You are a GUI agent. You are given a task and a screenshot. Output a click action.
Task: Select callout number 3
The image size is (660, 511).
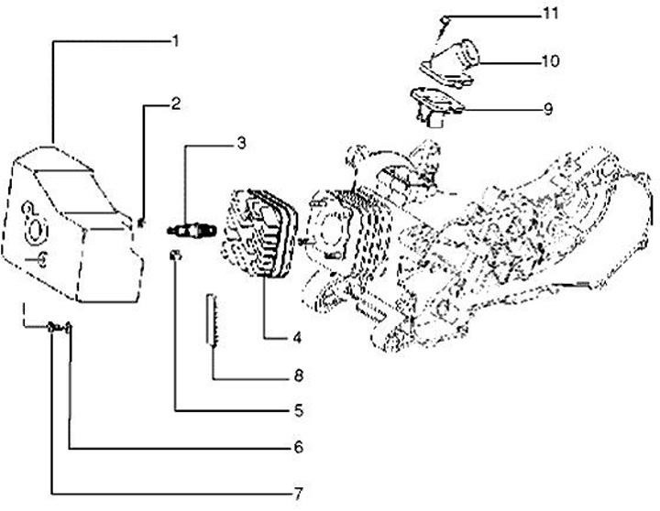pos(240,143)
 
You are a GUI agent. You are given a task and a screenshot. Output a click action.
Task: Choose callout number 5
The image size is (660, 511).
pos(298,410)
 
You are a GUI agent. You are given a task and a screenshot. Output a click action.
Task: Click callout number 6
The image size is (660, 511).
pos(298,448)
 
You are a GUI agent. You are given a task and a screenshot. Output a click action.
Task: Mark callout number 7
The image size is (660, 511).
pos(298,493)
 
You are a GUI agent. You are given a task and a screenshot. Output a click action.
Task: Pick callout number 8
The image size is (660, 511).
pos(298,375)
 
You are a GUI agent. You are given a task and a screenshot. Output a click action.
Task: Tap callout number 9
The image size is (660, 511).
pos(547,109)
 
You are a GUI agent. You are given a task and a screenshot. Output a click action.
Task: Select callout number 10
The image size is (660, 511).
pos(548,61)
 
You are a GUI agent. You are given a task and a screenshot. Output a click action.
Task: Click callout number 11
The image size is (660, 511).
pos(548,14)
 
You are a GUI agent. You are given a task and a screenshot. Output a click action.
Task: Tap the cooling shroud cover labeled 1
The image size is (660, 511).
pos(69,229)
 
